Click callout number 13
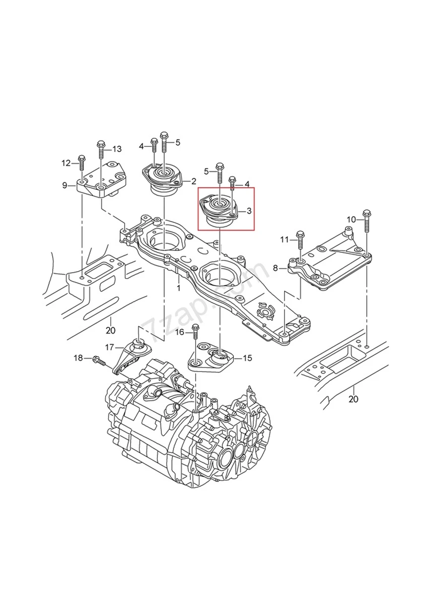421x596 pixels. click(117, 149)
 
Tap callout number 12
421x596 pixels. click(66, 162)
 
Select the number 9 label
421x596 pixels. click(65, 185)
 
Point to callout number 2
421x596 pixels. click(193, 181)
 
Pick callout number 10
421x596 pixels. click(351, 220)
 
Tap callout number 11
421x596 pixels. click(284, 240)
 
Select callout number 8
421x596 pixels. click(275, 268)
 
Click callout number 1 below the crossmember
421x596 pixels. click(178, 288)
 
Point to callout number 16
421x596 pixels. click(180, 332)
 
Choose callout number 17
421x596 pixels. click(109, 347)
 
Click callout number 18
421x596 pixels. click(78, 358)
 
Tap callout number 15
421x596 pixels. click(247, 358)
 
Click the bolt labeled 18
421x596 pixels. click(99, 361)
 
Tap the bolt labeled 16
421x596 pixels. click(195, 331)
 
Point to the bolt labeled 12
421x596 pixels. click(81, 162)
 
